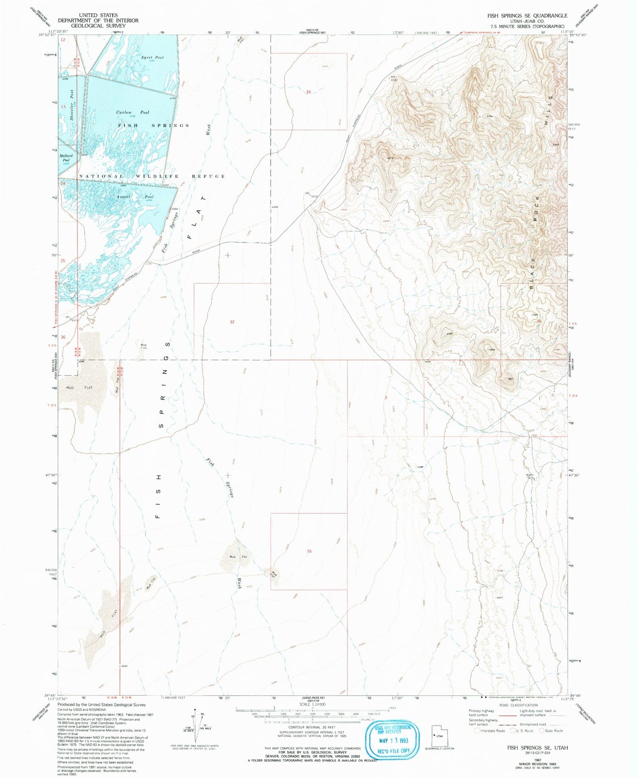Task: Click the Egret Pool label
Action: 153,57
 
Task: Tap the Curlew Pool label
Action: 133,112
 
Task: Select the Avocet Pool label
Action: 135,197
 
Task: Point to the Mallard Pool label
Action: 66,158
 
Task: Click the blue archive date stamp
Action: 392,738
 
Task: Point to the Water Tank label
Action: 530,476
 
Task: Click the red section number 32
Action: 232,322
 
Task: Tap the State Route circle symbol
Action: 541,731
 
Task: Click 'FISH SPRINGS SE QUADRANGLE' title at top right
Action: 527,16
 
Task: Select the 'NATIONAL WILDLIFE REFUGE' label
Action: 152,176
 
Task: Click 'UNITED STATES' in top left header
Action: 98,15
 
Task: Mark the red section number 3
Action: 386,397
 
